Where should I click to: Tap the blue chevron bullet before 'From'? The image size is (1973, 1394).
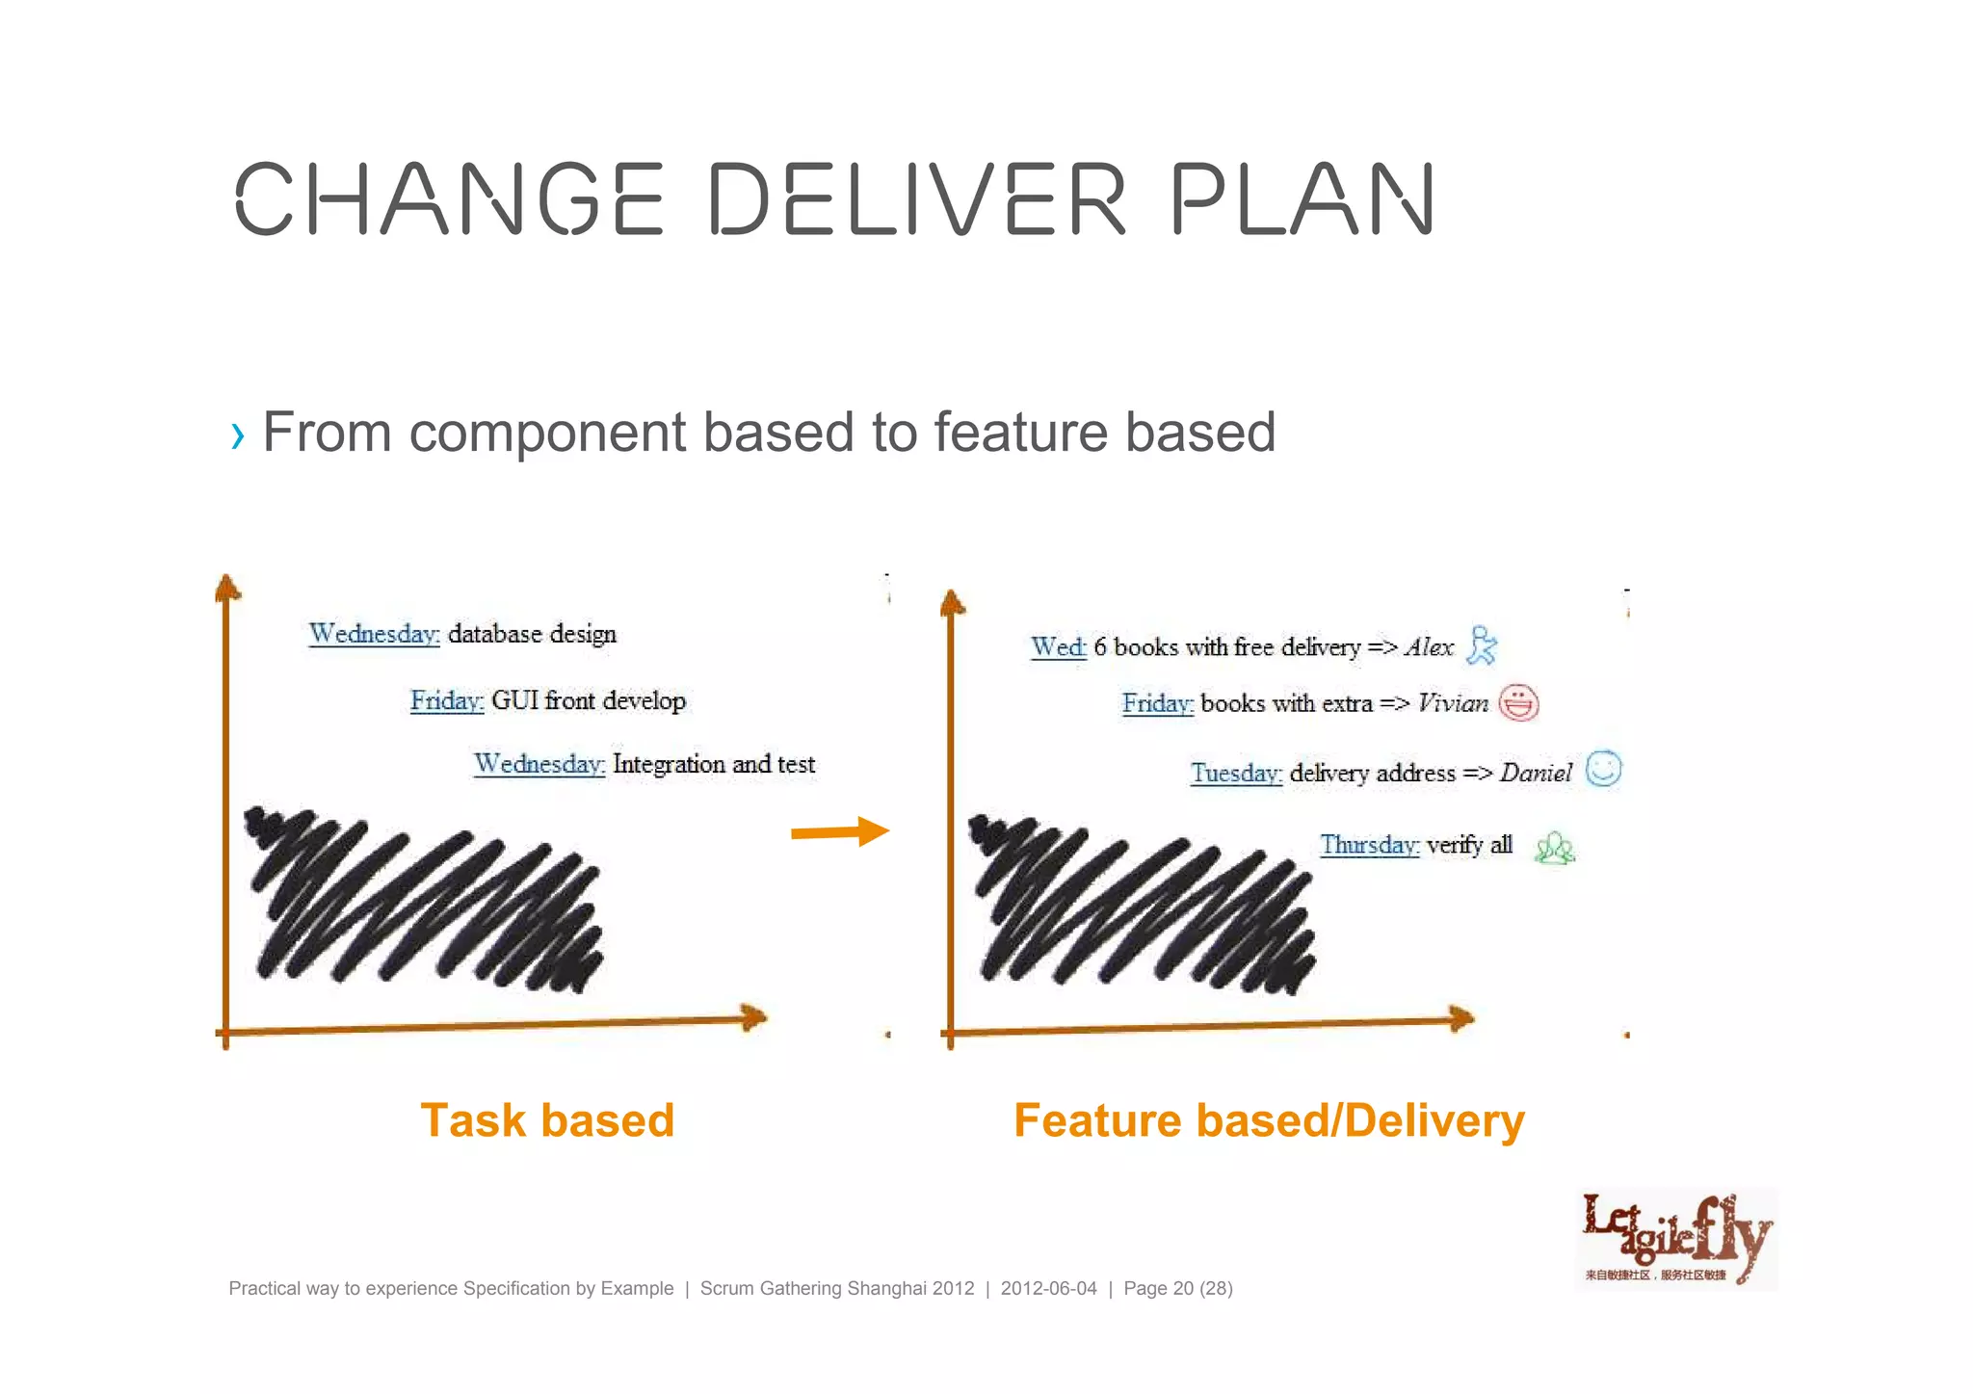pos(237,436)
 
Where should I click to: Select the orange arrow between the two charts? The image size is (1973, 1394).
pos(839,831)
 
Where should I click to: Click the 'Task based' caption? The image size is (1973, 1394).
pos(547,1120)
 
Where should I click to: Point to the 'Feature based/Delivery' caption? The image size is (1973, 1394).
pos(1269,1120)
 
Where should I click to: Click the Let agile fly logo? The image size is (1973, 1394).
pos(1676,1239)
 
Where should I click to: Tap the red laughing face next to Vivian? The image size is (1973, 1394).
pos(1518,702)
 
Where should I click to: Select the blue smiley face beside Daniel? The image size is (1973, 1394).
pos(1603,769)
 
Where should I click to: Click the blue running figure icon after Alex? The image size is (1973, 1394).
pos(1481,645)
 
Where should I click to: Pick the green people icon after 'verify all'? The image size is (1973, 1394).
pos(1554,848)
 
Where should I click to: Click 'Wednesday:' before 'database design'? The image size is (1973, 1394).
pos(374,634)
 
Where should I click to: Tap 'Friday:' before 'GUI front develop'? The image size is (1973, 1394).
pos(447,700)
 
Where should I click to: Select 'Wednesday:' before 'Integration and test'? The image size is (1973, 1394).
pos(539,764)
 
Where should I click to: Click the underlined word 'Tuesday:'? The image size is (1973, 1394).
pos(1236,773)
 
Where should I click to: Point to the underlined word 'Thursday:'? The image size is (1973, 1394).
pos(1369,845)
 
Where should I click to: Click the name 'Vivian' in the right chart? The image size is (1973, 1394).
pos(1453,703)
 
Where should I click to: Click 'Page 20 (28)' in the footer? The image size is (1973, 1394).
pos(1177,1288)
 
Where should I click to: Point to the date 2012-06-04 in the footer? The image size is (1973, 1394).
pos(1048,1288)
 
